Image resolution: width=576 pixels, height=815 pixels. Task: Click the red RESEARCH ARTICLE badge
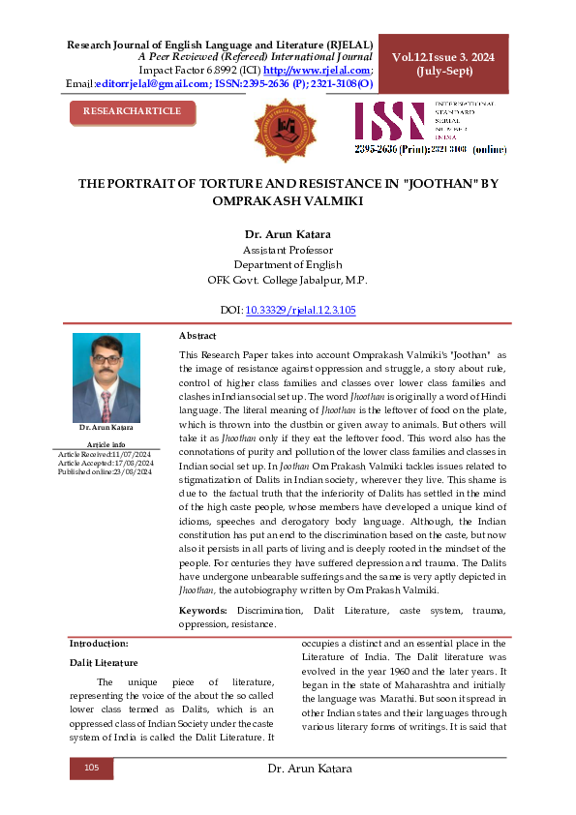click(x=132, y=111)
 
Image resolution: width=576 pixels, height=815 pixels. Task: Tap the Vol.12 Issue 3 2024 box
click(x=442, y=65)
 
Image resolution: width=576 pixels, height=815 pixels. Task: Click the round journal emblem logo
click(x=285, y=129)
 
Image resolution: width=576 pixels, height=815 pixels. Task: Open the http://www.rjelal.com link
click(x=317, y=71)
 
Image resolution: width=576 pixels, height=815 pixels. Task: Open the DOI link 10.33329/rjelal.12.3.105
click(x=301, y=311)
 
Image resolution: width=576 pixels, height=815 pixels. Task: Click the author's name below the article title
click(x=288, y=233)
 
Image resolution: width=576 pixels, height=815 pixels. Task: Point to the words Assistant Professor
click(x=288, y=250)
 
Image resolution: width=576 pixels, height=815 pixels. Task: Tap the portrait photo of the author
click(x=106, y=377)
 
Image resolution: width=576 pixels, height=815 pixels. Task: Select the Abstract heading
click(x=197, y=335)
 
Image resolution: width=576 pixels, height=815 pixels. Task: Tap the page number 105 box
click(x=92, y=768)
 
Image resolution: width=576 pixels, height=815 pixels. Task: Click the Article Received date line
click(x=106, y=453)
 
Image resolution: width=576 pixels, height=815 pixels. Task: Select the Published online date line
click(x=106, y=471)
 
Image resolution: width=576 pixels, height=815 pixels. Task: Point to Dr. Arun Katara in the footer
click(x=309, y=769)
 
